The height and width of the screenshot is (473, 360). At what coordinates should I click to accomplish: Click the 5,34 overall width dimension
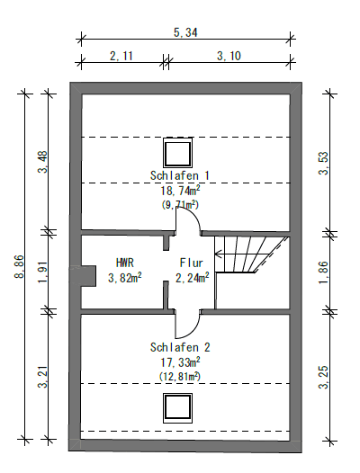185,32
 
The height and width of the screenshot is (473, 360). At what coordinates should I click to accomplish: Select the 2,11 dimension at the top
122,56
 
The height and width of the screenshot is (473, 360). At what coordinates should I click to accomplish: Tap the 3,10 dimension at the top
230,56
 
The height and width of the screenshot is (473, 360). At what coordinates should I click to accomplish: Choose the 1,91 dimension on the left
43,269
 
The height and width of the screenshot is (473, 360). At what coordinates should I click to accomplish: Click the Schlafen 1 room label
180,174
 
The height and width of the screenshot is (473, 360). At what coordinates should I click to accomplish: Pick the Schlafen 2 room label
180,346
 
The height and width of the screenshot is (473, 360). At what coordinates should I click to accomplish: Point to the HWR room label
124,263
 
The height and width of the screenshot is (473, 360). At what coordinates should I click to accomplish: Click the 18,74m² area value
180,190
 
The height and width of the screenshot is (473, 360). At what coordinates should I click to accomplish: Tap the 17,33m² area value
180,361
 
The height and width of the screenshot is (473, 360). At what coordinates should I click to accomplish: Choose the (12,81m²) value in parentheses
180,375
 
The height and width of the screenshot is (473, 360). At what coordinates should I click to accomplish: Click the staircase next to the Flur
248,254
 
